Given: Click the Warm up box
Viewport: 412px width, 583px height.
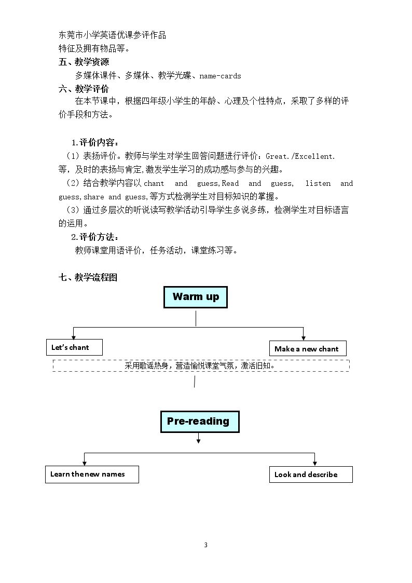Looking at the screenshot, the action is point(196,297).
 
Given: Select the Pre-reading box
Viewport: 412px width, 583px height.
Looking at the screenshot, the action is point(200,422).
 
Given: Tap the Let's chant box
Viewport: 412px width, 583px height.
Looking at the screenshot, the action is point(74,347).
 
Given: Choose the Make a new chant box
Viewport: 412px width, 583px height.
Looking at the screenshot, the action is point(308,349).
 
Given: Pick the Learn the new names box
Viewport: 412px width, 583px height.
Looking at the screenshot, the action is point(92,474).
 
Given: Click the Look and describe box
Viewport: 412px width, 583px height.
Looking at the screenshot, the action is point(311,474).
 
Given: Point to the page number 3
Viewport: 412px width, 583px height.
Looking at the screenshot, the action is point(206,545).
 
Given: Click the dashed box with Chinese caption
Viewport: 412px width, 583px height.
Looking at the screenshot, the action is point(201,365).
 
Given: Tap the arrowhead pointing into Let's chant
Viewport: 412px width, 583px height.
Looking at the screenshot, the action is point(74,337).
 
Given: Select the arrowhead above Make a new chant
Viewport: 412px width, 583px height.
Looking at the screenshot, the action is point(304,338).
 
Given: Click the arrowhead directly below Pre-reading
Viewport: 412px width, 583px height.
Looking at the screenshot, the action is point(198,441).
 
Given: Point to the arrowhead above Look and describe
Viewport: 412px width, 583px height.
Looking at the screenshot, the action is point(314,463).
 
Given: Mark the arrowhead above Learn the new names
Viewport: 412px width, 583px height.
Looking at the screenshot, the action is point(85,463).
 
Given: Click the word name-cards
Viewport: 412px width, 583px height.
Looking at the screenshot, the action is point(221,76).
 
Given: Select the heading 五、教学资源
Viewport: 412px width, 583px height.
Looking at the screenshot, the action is point(84,62).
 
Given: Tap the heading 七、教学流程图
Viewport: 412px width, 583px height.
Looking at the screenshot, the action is point(88,277).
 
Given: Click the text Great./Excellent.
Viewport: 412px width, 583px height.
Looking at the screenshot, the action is point(300,157).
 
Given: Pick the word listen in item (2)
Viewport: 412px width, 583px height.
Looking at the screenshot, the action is point(318,183).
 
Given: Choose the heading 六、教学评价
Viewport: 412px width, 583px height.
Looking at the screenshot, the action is point(84,89).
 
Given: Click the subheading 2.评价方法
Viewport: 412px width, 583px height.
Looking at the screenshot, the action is point(95,237).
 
